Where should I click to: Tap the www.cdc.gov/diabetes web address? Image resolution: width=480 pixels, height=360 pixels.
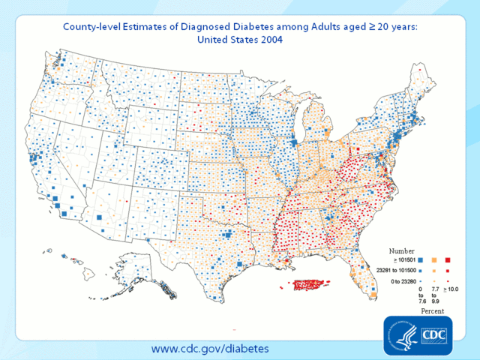pos(210,349)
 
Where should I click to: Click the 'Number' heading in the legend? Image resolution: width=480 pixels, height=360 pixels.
pos(401,250)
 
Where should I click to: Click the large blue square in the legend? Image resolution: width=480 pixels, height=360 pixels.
pos(421,259)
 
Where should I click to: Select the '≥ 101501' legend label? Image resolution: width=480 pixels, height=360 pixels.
pos(400,259)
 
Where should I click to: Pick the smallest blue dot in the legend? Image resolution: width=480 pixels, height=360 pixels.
pos(421,281)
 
